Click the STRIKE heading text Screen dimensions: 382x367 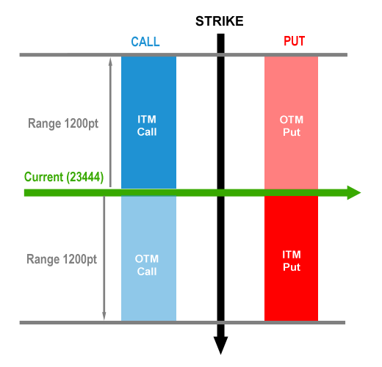[219, 21]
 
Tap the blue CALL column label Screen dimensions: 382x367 [145, 42]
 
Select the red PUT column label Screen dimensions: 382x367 [294, 41]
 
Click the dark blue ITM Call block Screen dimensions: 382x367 [148, 123]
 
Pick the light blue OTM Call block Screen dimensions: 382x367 [148, 258]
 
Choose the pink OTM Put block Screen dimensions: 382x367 [291, 123]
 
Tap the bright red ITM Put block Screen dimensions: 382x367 [291, 258]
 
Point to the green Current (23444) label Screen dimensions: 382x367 [64, 177]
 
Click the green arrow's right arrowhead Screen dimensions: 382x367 [354, 192]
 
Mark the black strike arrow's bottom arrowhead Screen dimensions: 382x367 [220, 346]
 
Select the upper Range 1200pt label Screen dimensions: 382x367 [63, 123]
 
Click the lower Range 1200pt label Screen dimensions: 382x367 [62, 259]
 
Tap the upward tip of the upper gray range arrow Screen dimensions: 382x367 [110, 58]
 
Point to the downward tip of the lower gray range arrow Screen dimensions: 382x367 [104, 320]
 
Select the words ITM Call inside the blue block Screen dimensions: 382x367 [147, 126]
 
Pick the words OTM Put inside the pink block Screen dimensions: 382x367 [292, 126]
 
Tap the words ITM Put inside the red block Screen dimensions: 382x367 [292, 261]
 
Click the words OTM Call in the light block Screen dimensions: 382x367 [147, 265]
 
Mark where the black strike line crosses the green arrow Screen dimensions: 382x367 [220, 192]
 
